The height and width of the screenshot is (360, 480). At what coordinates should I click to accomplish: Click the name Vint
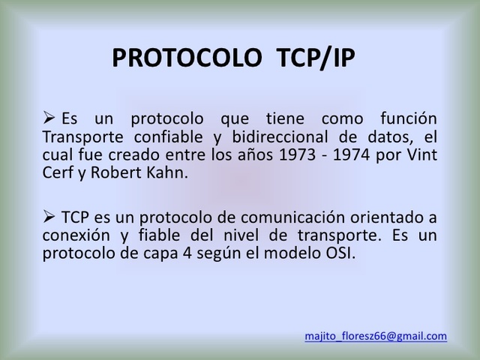click(422, 155)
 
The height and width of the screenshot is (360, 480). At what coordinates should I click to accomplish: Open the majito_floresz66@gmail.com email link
click(376, 336)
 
